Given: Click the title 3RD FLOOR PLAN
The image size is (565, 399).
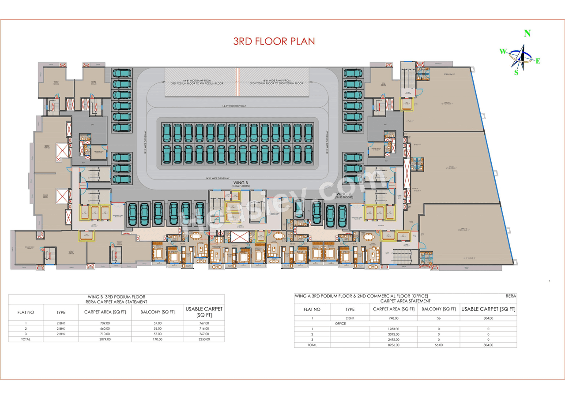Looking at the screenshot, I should pos(274,41).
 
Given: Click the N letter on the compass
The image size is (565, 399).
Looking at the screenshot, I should pos(527,34).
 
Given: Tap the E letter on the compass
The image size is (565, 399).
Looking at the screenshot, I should pos(538,61).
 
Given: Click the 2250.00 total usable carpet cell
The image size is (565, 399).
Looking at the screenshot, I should pos(204,339).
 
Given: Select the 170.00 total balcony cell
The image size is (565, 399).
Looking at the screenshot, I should pos(158,339).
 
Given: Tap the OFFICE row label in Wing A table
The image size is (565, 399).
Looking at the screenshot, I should pos(340,324).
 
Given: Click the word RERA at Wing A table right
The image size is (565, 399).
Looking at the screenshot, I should pos(511,296).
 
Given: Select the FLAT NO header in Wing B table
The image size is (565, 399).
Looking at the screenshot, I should pos(26,312).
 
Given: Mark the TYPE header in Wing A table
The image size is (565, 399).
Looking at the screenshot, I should pos(350,310).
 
